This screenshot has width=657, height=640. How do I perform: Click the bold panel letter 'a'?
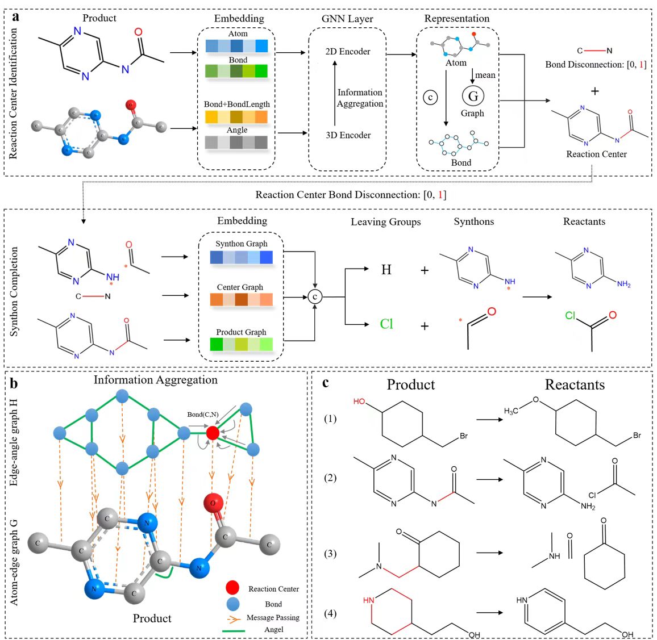[x=15, y=16]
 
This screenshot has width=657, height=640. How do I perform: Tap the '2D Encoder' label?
[x=347, y=52]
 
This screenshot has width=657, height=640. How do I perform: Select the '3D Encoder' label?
[x=348, y=135]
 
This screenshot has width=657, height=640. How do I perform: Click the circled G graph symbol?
[x=472, y=96]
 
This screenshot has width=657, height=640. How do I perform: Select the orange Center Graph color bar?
[x=241, y=299]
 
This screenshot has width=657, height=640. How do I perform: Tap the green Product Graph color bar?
[x=241, y=344]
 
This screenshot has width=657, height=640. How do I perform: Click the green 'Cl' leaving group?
[x=386, y=324]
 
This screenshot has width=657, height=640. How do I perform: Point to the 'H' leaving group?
[x=386, y=270]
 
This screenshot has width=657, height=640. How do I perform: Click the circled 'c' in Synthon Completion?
[x=315, y=296]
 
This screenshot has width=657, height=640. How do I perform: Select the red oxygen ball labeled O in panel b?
[x=213, y=503]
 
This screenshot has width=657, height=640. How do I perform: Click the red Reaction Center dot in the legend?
[x=232, y=588]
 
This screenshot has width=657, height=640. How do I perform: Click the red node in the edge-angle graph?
[x=213, y=433]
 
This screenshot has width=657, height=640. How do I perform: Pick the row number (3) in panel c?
[x=330, y=554]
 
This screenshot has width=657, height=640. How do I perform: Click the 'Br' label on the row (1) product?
[x=464, y=436]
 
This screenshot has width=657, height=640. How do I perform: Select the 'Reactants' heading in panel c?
[x=574, y=385]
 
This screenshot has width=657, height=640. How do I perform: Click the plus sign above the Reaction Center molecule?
[x=594, y=91]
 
